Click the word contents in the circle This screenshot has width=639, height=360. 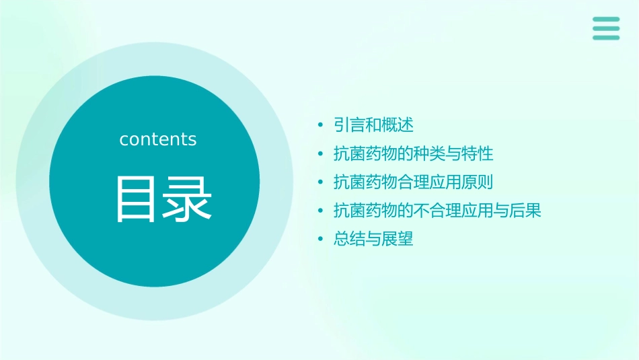click(158, 139)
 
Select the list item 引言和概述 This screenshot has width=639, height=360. click(373, 125)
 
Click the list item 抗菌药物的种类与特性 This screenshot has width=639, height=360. click(413, 154)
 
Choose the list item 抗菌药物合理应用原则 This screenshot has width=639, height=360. click(413, 182)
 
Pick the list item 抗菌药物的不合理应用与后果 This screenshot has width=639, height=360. click(437, 211)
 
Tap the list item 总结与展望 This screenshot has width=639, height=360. click(373, 239)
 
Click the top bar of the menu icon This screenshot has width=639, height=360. click(606, 20)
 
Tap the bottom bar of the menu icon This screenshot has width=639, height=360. click(606, 37)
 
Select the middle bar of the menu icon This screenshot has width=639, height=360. click(606, 28)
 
